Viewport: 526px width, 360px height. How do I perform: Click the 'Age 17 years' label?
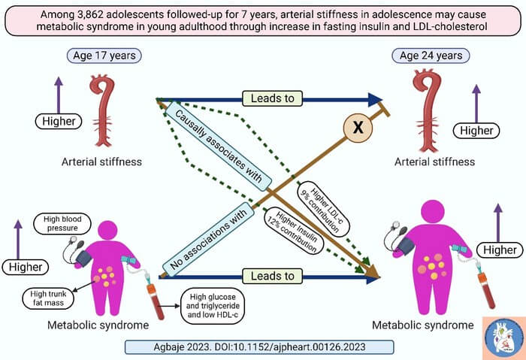click(x=104, y=56)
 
